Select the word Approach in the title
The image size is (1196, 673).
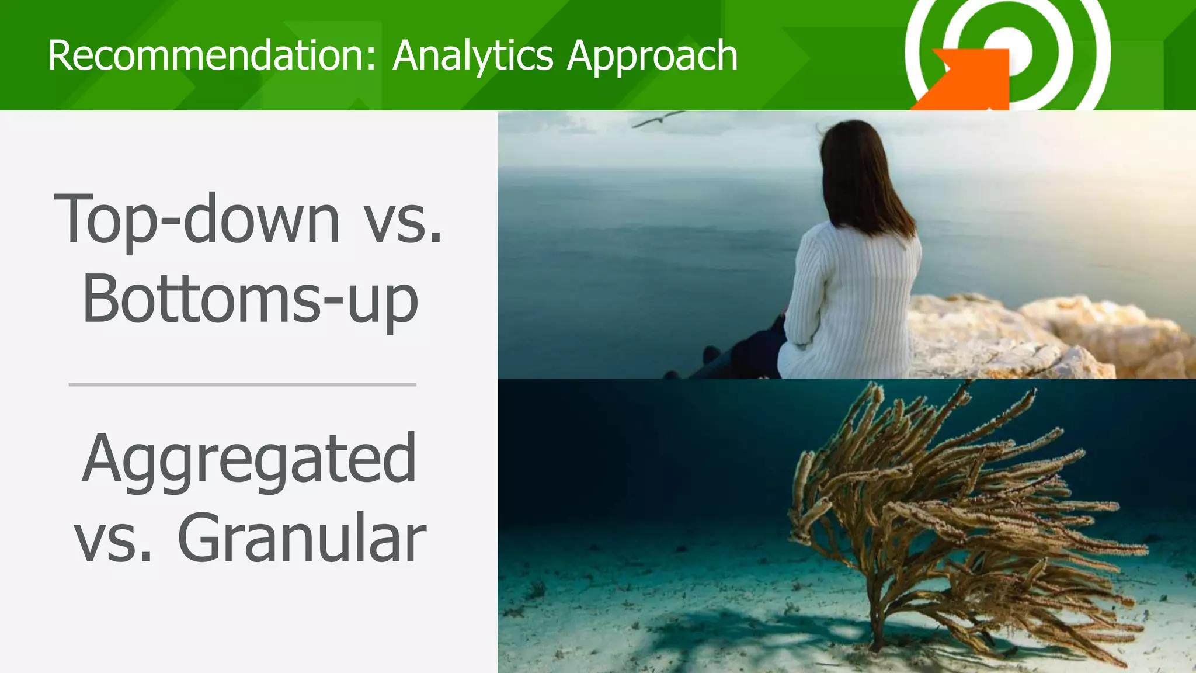[x=652, y=57]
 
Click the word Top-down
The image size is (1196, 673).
[x=196, y=219]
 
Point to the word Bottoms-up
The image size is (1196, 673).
[x=250, y=299]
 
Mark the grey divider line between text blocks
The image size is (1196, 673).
[x=242, y=385]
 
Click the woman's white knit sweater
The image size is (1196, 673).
[x=853, y=298]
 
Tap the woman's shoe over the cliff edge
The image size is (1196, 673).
[x=711, y=354]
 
